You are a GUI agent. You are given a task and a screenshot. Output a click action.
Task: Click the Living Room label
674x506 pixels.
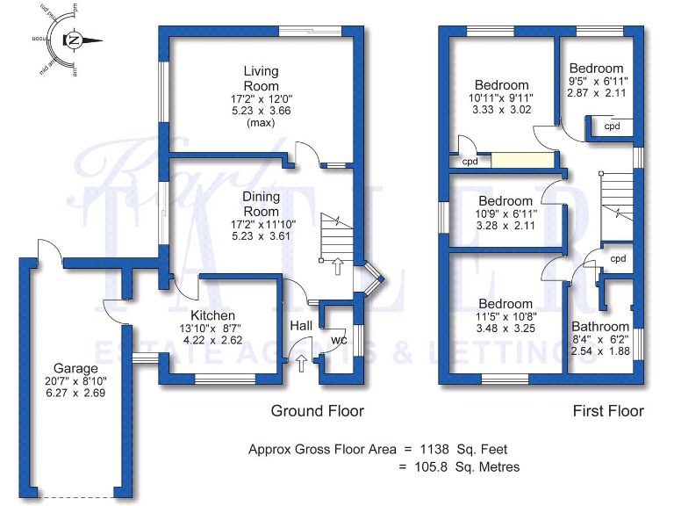coord(262,78)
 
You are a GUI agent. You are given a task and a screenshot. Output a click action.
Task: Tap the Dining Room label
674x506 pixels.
coord(262,205)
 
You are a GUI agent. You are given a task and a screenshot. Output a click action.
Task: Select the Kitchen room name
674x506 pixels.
coord(212,315)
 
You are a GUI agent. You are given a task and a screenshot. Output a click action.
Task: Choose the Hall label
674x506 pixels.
coord(301,326)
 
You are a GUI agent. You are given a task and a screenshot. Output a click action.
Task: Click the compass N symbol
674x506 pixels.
coord(75,40)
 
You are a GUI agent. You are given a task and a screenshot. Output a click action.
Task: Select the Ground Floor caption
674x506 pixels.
coord(317,411)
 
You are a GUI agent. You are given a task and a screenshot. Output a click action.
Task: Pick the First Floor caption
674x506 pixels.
coord(608,411)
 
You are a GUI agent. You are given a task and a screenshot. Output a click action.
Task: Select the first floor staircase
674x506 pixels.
coord(620,206)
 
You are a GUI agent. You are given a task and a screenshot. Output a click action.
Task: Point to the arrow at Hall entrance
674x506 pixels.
coord(302,363)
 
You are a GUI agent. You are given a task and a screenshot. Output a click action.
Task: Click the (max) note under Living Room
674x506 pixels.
coord(262,124)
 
